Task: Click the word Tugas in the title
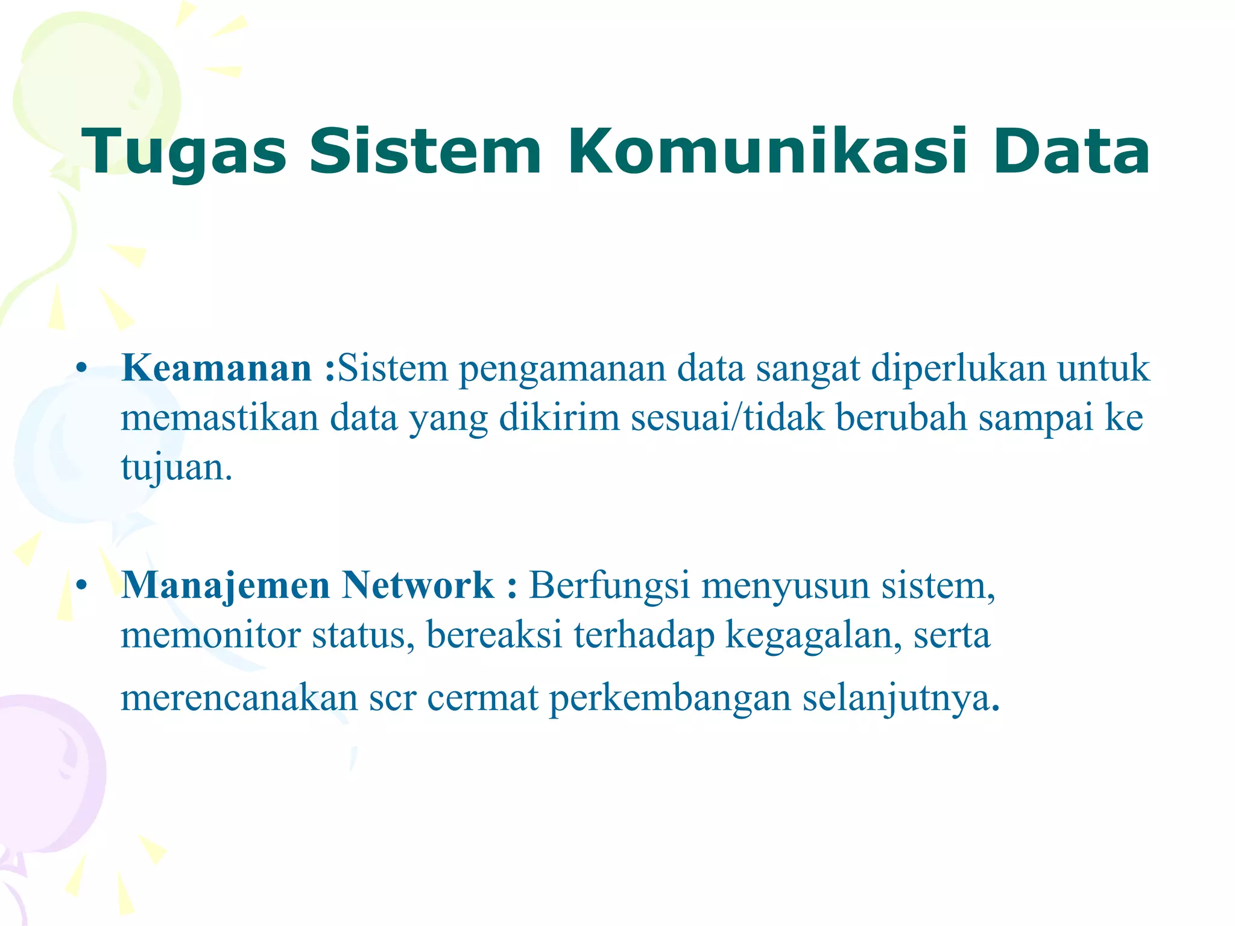(x=184, y=153)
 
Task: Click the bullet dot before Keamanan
(x=83, y=368)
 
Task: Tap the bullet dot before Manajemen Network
(x=83, y=585)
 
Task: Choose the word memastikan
(x=220, y=417)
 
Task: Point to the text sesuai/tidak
(x=727, y=417)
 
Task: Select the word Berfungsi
(x=609, y=585)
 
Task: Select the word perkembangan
(x=670, y=699)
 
